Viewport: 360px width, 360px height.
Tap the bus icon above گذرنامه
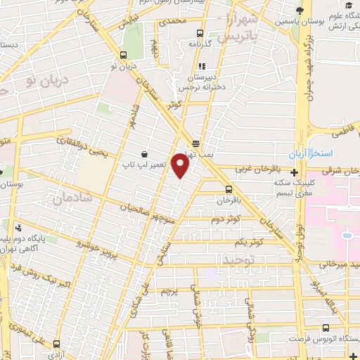coord(200,33)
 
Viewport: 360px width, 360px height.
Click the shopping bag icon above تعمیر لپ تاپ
coord(145,154)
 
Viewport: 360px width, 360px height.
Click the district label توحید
coord(238,259)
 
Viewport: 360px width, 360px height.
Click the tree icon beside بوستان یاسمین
coord(300,9)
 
